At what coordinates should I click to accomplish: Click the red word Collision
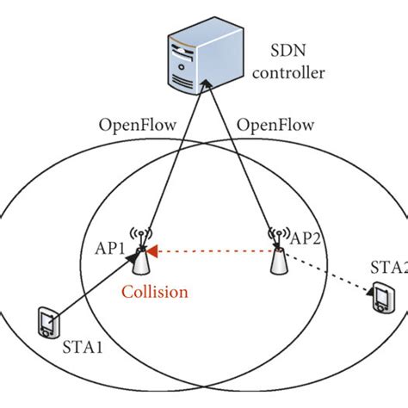tap(154, 292)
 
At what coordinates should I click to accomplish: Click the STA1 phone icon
tap(48, 324)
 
